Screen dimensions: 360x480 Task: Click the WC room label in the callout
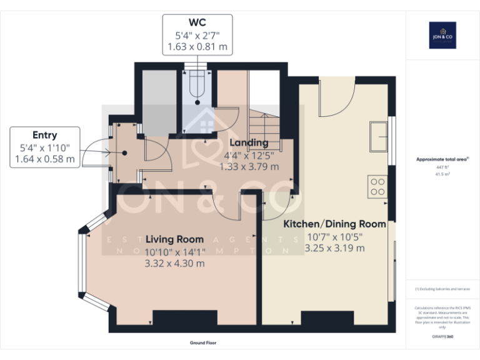[197, 23]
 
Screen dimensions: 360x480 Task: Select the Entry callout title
[44, 135]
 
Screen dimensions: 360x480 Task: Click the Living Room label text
[174, 239]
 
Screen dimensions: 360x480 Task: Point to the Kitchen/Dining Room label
[334, 224]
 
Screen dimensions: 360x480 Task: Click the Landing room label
[248, 143]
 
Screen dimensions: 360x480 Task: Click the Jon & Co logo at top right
[442, 35]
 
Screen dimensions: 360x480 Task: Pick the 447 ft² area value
[442, 168]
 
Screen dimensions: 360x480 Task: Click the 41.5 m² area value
[442, 174]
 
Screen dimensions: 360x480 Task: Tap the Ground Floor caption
[203, 343]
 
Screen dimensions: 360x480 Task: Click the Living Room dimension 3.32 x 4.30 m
[174, 263]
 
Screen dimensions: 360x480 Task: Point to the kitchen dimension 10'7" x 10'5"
[334, 236]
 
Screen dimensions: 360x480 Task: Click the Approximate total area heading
[441, 159]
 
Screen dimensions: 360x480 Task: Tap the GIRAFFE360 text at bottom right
[442, 337]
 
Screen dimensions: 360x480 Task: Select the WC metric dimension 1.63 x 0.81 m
[197, 46]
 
